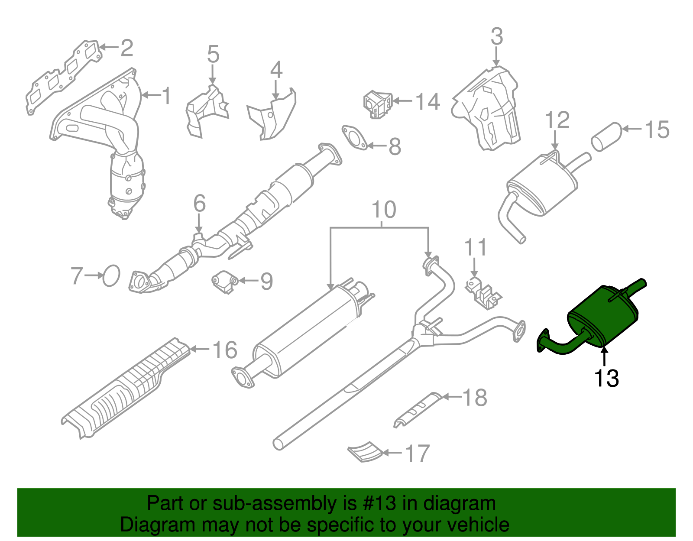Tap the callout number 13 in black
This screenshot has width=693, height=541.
tap(606, 378)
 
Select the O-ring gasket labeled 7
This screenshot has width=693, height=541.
tap(111, 275)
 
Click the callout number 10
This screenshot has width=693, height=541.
tap(384, 210)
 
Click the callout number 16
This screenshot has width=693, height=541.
tap(225, 350)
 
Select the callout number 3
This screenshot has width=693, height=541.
tap(497, 36)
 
